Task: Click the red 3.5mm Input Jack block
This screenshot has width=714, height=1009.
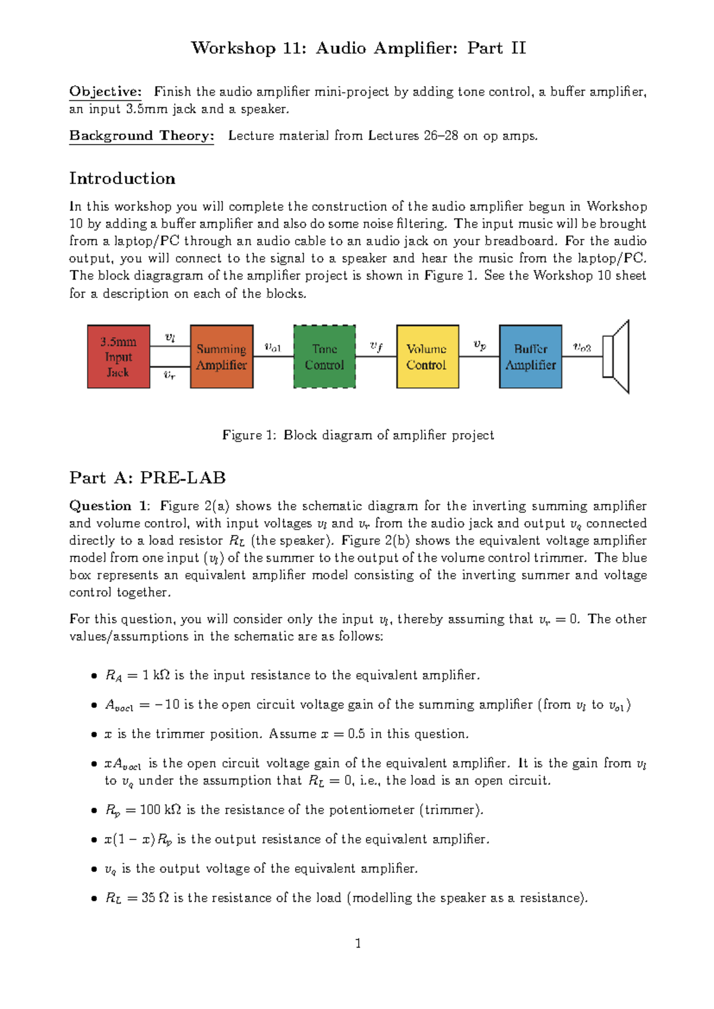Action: (118, 357)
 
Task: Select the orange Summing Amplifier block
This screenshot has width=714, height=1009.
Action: (221, 357)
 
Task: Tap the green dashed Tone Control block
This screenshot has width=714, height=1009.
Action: (324, 357)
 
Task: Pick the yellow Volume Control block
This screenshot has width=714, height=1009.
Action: (427, 357)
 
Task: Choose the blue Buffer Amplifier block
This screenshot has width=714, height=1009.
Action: (530, 357)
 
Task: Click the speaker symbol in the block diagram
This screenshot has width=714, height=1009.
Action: (616, 356)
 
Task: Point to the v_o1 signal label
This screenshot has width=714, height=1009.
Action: (273, 347)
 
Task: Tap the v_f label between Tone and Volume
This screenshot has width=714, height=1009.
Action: (376, 346)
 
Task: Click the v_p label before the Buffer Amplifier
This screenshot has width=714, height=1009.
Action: (479, 345)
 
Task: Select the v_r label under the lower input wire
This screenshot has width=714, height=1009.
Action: (170, 375)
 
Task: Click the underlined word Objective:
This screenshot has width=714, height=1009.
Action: (105, 92)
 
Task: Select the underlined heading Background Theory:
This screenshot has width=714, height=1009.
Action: (141, 136)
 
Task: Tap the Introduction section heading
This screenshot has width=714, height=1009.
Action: (122, 178)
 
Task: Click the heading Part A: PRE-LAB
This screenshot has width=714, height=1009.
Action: (147, 478)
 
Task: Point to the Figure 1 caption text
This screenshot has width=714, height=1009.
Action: (358, 435)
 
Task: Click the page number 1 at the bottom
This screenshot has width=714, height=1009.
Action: (358, 944)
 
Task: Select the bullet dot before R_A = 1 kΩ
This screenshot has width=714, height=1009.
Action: (93, 676)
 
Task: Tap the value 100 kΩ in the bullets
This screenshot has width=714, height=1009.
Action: (160, 810)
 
